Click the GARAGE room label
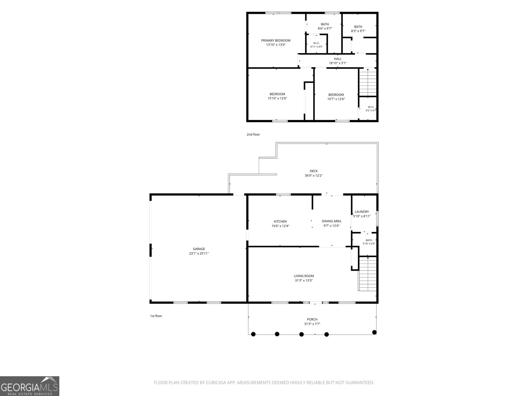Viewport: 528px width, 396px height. click(199, 249)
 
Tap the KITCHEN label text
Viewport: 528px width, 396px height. click(280, 221)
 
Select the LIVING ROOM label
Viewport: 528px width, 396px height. click(304, 276)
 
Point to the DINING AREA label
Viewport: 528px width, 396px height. click(331, 221)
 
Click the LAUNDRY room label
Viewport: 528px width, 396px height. click(362, 212)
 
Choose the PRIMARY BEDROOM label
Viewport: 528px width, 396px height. click(276, 40)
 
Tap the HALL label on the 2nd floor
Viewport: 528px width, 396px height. click(338, 59)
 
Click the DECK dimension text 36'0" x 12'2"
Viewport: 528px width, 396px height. click(313, 176)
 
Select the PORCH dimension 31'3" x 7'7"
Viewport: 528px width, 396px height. click(312, 324)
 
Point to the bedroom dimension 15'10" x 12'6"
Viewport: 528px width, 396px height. click(277, 98)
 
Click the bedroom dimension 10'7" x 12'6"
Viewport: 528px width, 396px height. click(336, 99)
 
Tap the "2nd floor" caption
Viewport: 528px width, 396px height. click(253, 134)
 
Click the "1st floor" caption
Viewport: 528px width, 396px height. click(156, 316)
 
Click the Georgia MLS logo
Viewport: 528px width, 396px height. click(30, 386)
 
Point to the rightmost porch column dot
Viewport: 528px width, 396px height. click(374, 332)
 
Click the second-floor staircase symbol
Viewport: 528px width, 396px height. click(368, 82)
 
